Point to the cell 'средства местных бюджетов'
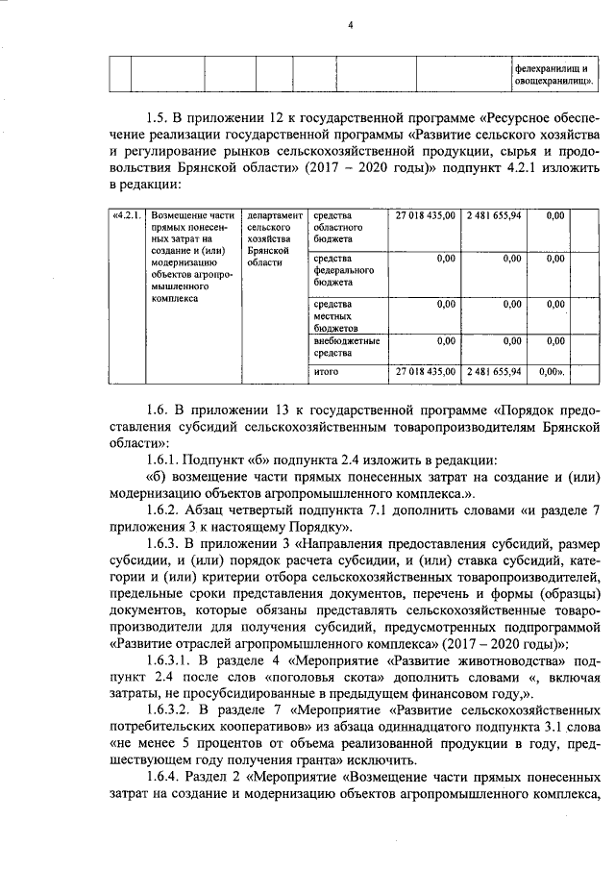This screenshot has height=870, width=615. pos(339,316)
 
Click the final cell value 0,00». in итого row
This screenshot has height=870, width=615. pos(553,370)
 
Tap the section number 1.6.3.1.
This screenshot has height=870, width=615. pos(172,663)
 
